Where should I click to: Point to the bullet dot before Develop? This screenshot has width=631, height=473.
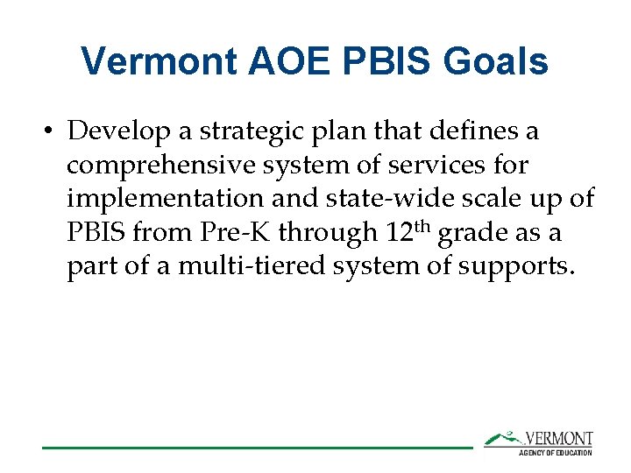tap(51, 131)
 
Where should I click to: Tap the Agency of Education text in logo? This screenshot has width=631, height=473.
tap(556, 452)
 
